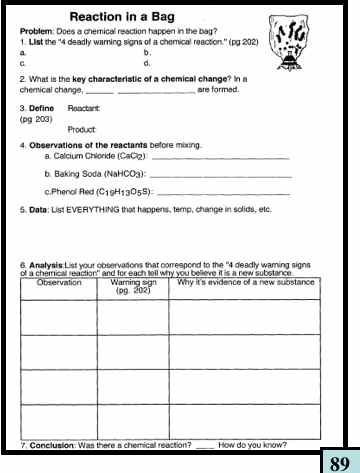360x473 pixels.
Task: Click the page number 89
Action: click(339, 461)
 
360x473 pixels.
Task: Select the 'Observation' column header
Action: click(59, 256)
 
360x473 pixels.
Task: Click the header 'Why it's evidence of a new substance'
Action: click(246, 256)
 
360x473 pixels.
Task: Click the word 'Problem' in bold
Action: click(38, 33)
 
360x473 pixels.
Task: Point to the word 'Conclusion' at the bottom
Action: click(52, 444)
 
